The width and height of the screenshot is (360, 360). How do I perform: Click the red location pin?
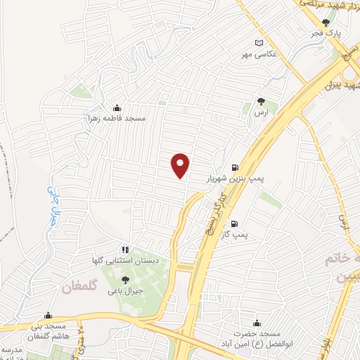181,165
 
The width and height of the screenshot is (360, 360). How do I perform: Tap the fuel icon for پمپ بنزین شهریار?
234,168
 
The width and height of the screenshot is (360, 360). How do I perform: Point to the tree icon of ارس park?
261,101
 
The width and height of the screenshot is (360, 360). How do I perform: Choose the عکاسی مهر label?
257,53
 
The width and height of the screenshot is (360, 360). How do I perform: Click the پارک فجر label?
327,32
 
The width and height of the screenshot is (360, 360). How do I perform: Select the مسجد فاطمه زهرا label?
116,118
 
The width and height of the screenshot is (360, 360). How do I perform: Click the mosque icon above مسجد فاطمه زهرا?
116,108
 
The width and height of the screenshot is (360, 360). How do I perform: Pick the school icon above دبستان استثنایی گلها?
124,250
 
